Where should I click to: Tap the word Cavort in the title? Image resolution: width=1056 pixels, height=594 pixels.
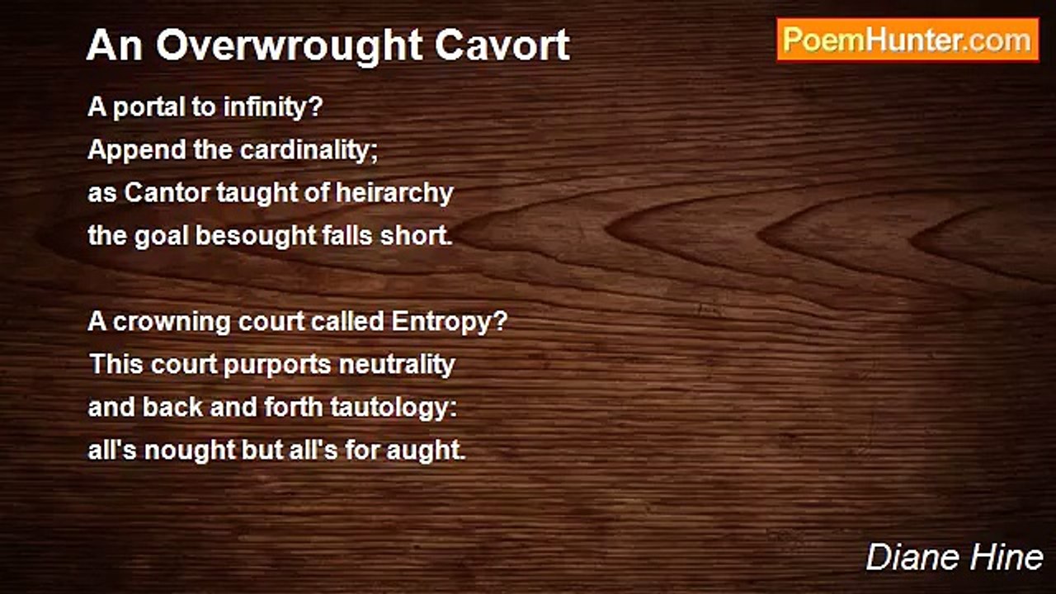tap(502, 45)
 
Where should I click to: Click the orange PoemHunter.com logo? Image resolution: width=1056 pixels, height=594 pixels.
tap(908, 40)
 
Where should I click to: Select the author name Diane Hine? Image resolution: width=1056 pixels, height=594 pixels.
tap(955, 557)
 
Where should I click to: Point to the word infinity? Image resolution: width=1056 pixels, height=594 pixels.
tap(273, 107)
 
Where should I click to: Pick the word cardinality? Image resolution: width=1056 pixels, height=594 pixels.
tap(309, 150)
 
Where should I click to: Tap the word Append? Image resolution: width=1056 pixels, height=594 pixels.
tap(137, 151)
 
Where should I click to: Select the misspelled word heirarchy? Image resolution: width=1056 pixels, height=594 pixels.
tap(394, 194)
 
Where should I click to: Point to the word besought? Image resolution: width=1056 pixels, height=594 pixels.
tap(256, 236)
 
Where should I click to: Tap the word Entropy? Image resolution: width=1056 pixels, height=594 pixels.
tap(450, 322)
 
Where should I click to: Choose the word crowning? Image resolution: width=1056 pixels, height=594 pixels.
tap(172, 323)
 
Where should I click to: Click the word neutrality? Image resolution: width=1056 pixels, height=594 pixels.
tap(397, 365)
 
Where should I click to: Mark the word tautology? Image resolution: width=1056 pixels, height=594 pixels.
tap(394, 408)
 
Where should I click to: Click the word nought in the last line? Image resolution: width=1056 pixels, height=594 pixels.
tap(190, 450)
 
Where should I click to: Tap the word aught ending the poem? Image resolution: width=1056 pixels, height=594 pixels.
tap(426, 450)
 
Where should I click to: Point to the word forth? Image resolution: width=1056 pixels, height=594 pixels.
tap(293, 408)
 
